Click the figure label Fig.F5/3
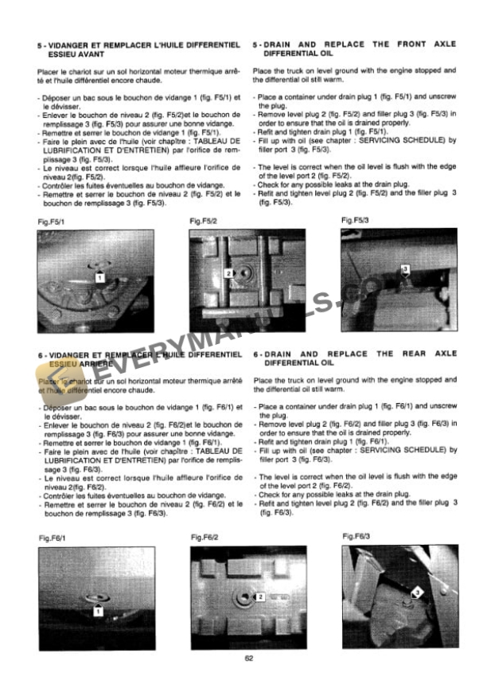coord(354,218)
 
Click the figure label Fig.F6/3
coord(356,537)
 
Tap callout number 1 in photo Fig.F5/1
coord(99,277)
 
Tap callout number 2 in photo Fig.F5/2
coord(228,273)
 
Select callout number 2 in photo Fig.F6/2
coord(260,597)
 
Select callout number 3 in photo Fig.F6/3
coord(417,593)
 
